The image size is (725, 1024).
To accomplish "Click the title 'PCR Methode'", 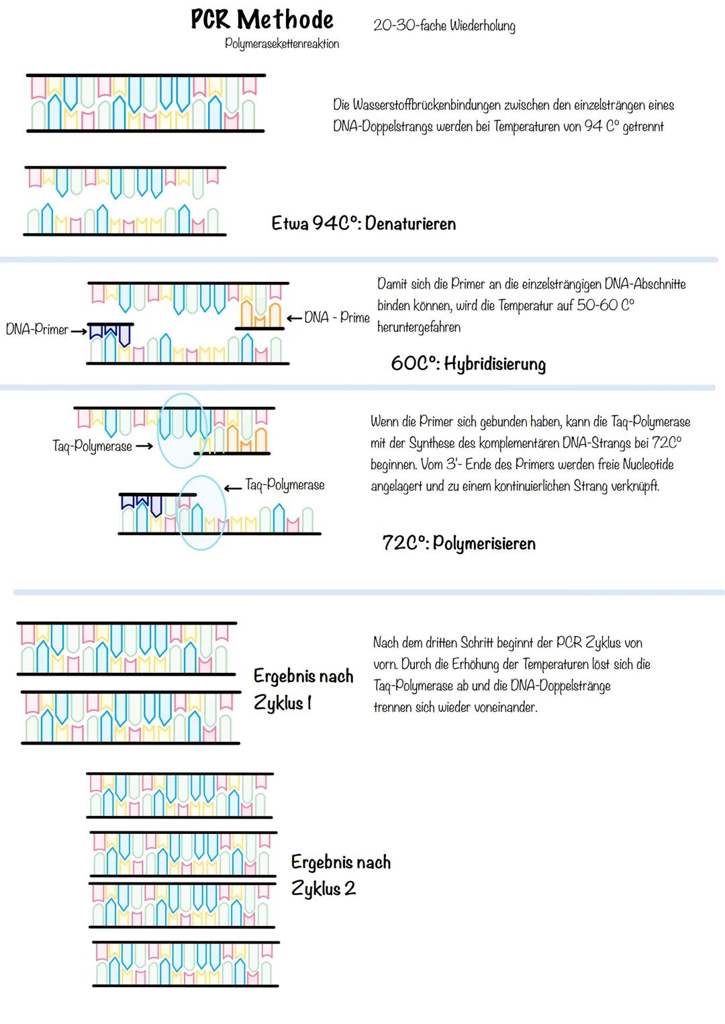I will (x=262, y=19).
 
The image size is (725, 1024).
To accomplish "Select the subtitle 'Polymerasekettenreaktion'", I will (x=282, y=44).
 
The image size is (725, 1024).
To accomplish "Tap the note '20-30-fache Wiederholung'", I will (x=444, y=26).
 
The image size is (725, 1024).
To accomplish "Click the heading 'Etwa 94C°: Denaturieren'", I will (x=363, y=224).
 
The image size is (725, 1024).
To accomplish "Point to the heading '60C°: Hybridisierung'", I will (x=468, y=364).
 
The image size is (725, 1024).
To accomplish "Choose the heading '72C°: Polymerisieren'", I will (x=459, y=543).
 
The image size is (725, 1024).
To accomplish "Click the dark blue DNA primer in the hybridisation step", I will (x=109, y=332).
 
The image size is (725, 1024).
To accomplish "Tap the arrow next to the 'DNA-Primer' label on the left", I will (x=79, y=330).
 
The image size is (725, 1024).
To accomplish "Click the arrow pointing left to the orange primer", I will (x=294, y=318).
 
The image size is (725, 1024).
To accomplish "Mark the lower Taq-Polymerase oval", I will (x=202, y=512).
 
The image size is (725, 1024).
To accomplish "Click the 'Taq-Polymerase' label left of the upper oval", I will (x=93, y=446).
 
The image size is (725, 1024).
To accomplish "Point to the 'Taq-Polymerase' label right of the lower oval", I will (x=285, y=485).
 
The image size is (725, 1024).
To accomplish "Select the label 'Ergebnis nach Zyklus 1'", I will (x=303, y=690).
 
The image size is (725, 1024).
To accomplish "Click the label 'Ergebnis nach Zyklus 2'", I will (x=340, y=875).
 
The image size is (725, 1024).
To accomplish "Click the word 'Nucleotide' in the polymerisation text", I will (x=645, y=464).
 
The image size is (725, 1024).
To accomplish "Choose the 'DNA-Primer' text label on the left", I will (x=37, y=330).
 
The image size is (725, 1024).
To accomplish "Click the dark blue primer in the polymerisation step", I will (x=142, y=502).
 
